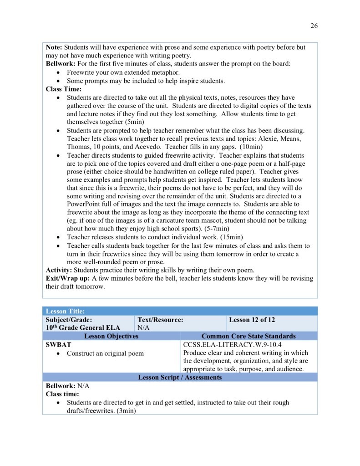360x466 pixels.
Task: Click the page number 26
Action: point(314,26)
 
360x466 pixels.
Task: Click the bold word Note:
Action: point(54,47)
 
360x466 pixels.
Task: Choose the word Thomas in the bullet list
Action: point(78,147)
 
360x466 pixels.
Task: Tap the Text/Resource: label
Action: point(160,320)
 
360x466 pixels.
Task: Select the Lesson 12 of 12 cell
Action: point(252,320)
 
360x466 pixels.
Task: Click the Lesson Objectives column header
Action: point(112,336)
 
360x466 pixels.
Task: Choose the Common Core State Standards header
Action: point(248,336)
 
